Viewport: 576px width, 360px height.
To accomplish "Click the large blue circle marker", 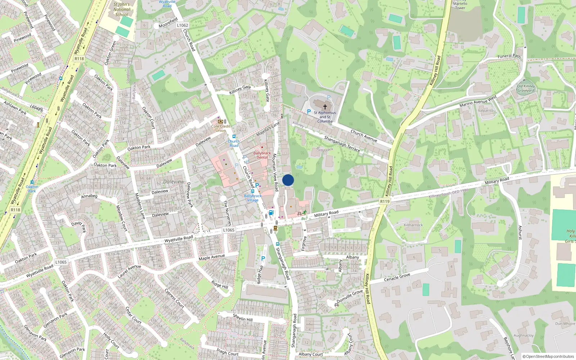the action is click(x=288, y=180).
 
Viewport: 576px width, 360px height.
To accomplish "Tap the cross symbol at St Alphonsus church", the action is click(x=325, y=107).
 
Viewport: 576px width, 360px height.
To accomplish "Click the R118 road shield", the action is click(x=79, y=59).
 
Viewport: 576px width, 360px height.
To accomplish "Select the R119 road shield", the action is click(x=385, y=201).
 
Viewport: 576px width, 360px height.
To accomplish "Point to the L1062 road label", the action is click(x=183, y=25).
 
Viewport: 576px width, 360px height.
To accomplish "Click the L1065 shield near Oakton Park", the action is click(x=61, y=262).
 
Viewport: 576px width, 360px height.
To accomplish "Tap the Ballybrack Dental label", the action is click(x=262, y=155).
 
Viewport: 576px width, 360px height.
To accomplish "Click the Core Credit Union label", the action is click(x=221, y=128).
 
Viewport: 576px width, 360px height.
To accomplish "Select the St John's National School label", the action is click(x=122, y=10).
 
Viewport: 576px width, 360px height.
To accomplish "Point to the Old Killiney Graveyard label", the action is click(x=526, y=88).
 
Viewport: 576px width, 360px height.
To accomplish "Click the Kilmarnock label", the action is click(x=413, y=225).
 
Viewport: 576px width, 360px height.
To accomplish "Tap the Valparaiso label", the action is click(x=486, y=111).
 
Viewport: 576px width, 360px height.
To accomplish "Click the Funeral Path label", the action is click(x=509, y=56).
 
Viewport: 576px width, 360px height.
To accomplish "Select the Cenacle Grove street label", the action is click(x=397, y=277).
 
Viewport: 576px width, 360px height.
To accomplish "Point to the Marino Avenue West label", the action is click(x=478, y=102).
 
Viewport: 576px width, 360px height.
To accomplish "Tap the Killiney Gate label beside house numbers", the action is click(x=240, y=90).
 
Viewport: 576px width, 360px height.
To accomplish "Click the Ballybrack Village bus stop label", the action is click(x=253, y=198).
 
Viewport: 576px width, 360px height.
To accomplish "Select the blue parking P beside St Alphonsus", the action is click(x=309, y=112).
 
